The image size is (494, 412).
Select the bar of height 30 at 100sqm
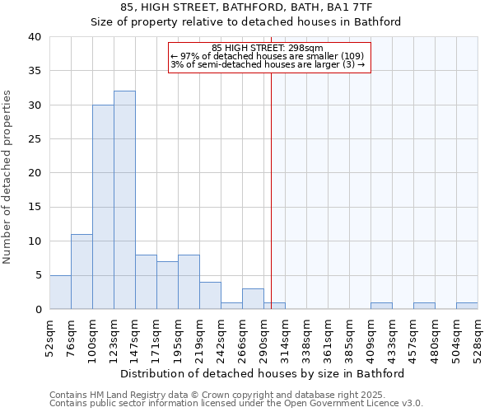click(103, 207)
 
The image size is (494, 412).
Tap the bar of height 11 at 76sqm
click(82, 272)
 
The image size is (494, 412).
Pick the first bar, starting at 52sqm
click(60, 292)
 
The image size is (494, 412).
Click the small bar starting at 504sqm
click(467, 306)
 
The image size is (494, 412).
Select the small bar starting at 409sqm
click(381, 306)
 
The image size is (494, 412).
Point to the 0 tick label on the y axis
click(38, 309)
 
